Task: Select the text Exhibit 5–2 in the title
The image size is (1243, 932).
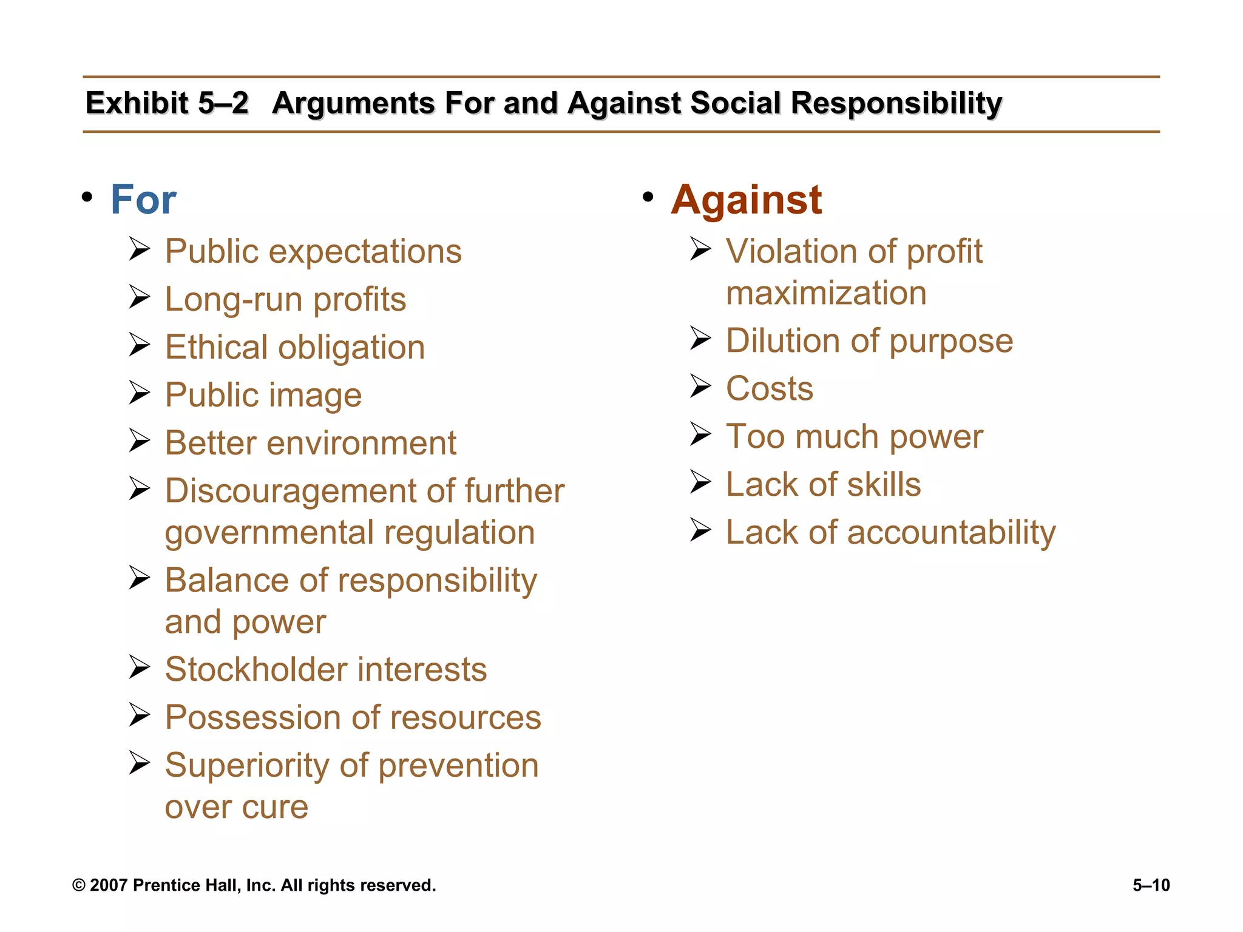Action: pos(167,103)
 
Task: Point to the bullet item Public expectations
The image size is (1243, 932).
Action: pos(313,251)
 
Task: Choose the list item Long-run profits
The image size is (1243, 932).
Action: pos(285,299)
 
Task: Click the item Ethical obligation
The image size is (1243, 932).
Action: pos(295,347)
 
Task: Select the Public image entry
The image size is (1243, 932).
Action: pos(263,395)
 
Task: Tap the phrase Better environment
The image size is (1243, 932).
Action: pos(311,443)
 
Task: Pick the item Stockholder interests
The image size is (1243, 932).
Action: pos(326,669)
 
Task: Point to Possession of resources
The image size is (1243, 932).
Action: pos(353,717)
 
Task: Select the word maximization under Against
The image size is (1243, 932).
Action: pos(826,293)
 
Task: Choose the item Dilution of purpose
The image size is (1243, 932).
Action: pos(869,340)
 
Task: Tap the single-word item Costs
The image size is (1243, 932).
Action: pos(770,388)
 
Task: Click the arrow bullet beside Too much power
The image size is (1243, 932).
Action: pos(700,434)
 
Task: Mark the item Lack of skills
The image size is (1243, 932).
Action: pos(823,484)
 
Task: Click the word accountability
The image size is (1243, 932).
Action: pos(951,532)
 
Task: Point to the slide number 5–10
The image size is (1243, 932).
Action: pos(1151,885)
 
